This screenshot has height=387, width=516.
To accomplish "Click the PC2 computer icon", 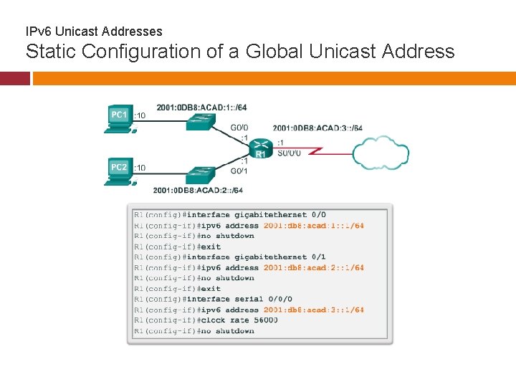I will tap(118, 171).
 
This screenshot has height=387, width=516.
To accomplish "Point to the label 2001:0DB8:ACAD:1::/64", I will tap(201, 107).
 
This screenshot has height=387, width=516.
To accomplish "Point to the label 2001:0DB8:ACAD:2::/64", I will tap(198, 191).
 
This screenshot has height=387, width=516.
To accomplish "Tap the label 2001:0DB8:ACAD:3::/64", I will tap(317, 128).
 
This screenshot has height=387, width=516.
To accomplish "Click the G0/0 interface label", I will tap(239, 128).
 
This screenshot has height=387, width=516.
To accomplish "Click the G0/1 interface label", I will tap(239, 171).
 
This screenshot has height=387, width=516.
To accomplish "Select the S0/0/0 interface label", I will tap(288, 153).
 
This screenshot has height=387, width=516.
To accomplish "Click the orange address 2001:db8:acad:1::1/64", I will tap(313, 226).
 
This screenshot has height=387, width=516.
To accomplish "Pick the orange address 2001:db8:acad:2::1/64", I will tap(313, 268).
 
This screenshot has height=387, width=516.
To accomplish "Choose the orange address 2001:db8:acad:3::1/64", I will tap(313, 310).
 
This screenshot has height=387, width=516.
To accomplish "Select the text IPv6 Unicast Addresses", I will tap(94, 32).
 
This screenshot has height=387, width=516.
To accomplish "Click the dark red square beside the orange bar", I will tap(14, 78).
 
